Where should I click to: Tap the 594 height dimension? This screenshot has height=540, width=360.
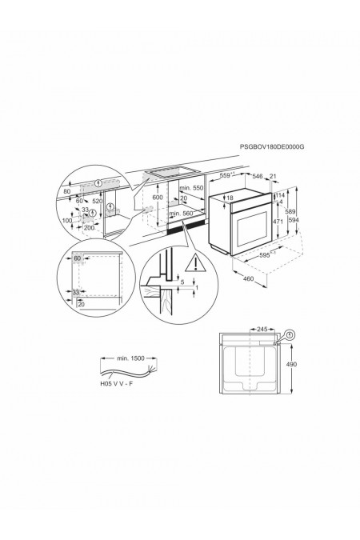(294, 221)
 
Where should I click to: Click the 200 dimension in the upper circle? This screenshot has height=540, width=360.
(89, 228)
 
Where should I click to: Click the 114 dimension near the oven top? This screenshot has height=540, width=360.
(280, 194)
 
